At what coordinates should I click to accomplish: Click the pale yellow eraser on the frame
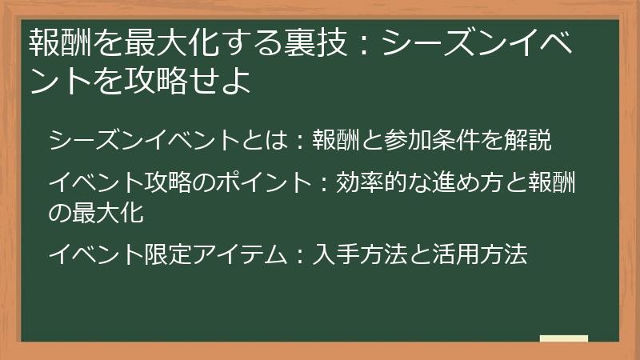(563, 338)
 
